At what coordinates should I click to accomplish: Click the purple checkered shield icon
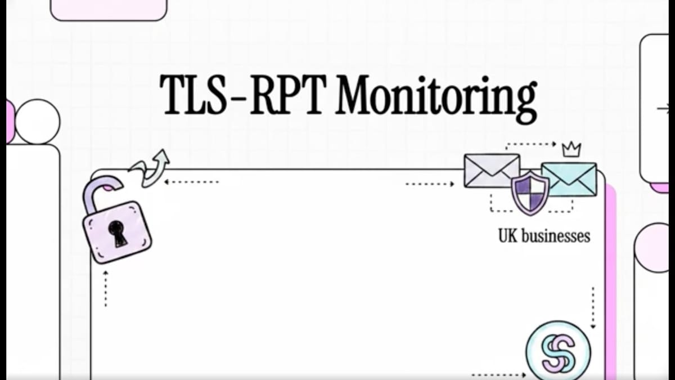pos(530,194)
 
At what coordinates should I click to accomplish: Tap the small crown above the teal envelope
pos(571,150)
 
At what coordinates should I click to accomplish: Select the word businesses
pos(556,236)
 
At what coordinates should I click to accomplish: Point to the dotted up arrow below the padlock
pos(106,289)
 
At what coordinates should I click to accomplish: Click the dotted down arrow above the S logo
pos(593,307)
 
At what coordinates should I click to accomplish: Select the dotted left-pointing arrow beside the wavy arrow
pos(191,182)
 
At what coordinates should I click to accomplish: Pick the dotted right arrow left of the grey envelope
pos(430,184)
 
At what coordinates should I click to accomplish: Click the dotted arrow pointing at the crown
pos(531,145)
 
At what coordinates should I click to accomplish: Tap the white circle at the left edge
pos(37,122)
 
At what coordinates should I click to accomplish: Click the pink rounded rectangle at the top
pos(109,10)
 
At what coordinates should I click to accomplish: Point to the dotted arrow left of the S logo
pos(499,375)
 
